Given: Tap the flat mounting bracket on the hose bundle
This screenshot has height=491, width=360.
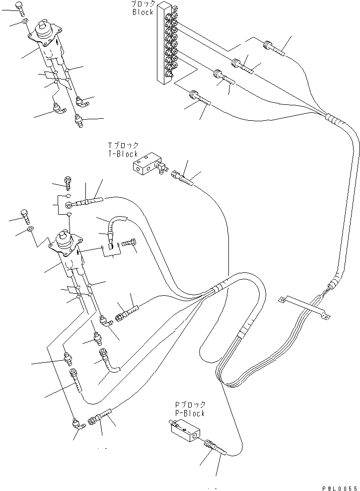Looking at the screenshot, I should tap(303, 308).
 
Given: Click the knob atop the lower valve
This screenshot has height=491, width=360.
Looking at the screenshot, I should tap(64, 238).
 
